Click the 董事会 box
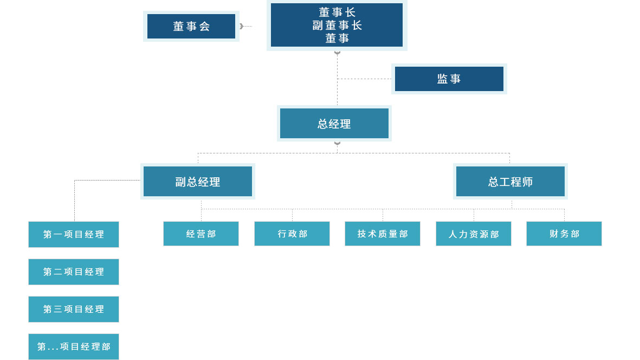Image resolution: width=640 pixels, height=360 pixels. [191, 26]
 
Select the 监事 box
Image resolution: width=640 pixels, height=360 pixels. [449, 79]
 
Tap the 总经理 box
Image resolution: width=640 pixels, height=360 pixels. [334, 124]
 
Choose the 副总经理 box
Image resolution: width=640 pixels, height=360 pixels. [198, 182]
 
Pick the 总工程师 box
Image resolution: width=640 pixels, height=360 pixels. [510, 182]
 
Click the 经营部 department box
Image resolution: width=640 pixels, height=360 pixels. [201, 234]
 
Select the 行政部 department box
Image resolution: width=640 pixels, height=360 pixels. [292, 234]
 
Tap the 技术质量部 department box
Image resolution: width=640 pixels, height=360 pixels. [383, 234]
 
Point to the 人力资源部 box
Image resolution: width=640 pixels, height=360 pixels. [474, 234]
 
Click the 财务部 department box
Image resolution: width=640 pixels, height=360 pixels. [564, 234]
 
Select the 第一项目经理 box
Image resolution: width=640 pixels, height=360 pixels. [74, 234]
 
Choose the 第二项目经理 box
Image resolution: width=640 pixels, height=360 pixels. [74, 272]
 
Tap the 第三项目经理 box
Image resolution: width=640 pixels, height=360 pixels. [74, 309]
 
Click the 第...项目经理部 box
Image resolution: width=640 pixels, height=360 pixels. [74, 346]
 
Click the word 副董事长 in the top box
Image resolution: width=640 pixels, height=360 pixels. [337, 25]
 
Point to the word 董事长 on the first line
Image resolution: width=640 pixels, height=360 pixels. [337, 12]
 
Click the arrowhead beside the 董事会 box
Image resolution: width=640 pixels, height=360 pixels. [241, 26]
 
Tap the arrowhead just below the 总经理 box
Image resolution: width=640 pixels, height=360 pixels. [337, 144]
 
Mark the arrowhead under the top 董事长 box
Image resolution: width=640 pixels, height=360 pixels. [337, 53]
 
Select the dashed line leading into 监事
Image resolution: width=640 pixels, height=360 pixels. [364, 79]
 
